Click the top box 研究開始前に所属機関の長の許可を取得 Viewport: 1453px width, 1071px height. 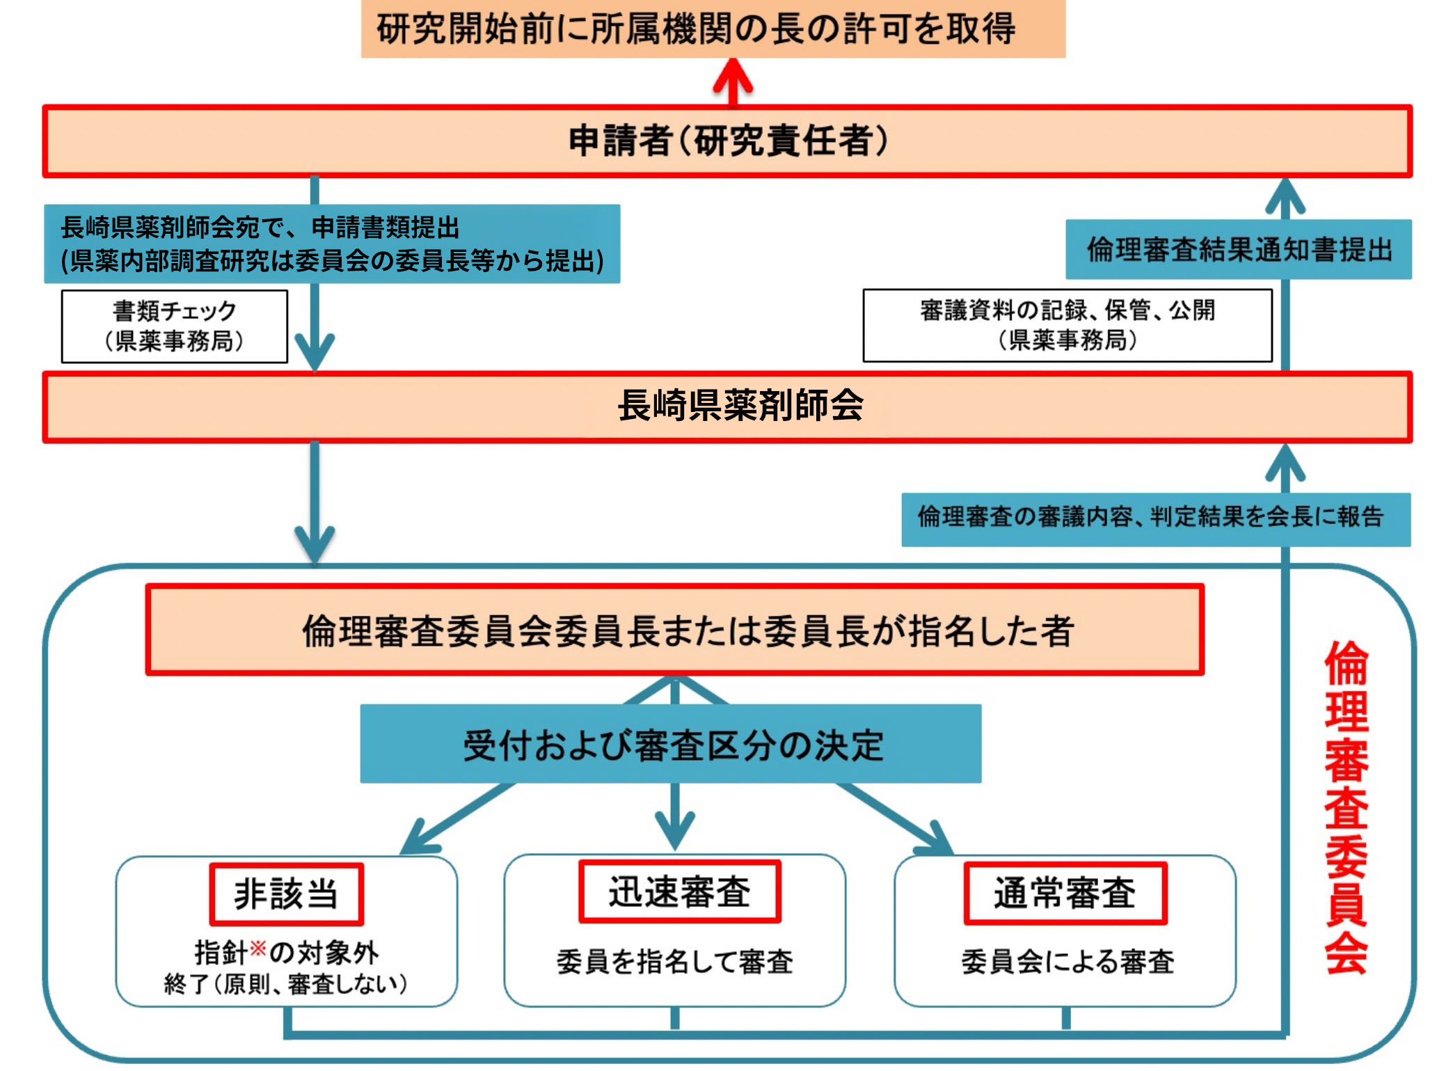[713, 29]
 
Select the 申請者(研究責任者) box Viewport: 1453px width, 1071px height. [727, 141]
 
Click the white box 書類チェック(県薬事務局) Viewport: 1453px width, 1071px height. [174, 326]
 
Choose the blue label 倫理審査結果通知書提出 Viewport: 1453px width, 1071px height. [1238, 249]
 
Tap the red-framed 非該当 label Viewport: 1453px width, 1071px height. [286, 894]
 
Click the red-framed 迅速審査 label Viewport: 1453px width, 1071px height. [679, 891]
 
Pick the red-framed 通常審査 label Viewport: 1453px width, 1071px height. [1065, 893]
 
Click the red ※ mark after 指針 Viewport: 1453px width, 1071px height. [257, 948]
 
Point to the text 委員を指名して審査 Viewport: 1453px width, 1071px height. [674, 962]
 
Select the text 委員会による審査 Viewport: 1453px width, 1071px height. [1067, 962]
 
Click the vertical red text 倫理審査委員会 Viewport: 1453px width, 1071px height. [1346, 807]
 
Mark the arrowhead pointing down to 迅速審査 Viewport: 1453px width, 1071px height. [674, 832]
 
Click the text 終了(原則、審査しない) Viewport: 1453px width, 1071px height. [286, 984]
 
